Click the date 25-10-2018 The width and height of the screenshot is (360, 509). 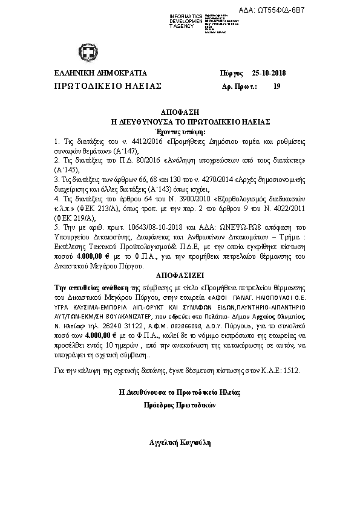click(269, 73)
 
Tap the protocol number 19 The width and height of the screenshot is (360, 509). click(277, 86)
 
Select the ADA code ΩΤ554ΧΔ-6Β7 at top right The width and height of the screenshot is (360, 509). click(323, 11)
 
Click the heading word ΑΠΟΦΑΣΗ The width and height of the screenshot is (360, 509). click(180, 113)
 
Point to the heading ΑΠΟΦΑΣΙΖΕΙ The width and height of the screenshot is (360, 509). click(180, 273)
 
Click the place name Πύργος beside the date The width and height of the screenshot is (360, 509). click(231, 73)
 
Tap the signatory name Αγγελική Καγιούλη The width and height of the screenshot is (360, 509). click(180, 443)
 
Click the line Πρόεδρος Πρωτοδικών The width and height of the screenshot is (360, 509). click(180, 406)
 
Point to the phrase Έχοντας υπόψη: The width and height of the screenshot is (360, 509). click(180, 131)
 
